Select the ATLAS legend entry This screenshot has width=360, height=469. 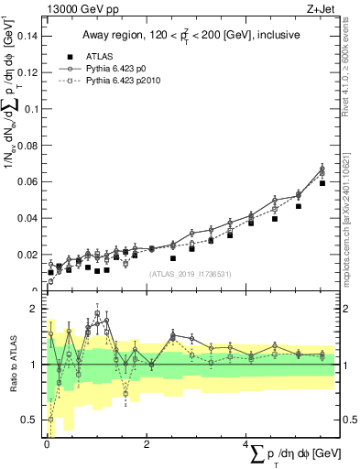89,55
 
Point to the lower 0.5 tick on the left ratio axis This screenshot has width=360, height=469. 31,420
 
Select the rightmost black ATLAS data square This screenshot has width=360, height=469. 322,183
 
